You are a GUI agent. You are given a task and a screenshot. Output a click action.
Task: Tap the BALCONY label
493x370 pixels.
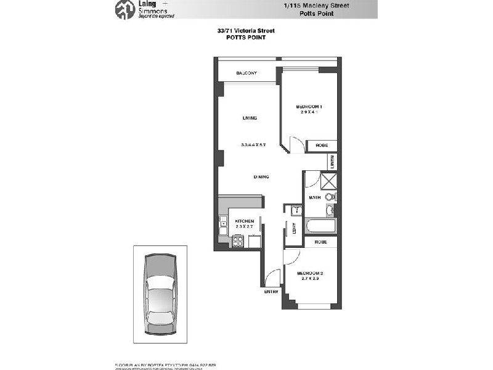(x=246, y=74)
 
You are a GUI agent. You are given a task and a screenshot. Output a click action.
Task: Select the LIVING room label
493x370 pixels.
(x=249, y=118)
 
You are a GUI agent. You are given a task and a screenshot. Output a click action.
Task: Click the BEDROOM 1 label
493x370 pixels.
(x=309, y=107)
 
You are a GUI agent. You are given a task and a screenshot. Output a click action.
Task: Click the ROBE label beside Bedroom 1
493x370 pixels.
(x=322, y=146)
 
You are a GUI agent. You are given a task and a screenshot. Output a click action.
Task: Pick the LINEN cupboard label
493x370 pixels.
(x=332, y=162)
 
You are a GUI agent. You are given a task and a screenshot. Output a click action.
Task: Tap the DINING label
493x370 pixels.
(x=261, y=177)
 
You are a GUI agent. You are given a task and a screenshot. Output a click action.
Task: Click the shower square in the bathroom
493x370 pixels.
(x=329, y=181)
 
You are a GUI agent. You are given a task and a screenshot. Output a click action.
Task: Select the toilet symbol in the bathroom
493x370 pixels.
(x=330, y=197)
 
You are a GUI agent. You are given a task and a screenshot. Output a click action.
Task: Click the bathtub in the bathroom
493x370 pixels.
(x=320, y=226)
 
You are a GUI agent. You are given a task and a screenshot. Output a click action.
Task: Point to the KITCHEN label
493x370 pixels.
(x=245, y=221)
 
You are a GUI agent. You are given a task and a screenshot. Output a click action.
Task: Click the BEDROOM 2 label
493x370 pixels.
(x=310, y=273)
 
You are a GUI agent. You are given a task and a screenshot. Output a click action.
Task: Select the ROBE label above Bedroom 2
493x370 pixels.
(x=320, y=242)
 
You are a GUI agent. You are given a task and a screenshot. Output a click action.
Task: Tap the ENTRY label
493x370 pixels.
(x=272, y=291)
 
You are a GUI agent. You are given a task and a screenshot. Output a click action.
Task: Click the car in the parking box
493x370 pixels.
(x=160, y=290)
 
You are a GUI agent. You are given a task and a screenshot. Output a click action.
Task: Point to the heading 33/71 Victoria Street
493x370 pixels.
(x=245, y=30)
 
